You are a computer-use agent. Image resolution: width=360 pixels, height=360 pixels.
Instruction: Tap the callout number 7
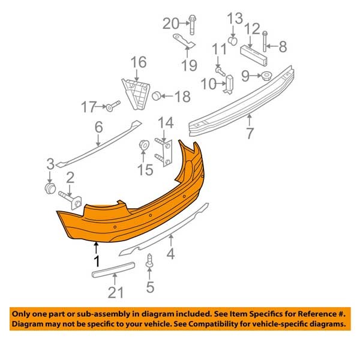coord(248,134)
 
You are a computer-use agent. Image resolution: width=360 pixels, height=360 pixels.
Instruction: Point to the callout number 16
coord(139,62)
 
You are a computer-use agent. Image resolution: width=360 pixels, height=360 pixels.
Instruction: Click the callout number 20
coord(172,23)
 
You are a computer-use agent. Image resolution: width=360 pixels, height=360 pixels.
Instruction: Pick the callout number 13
coord(233,18)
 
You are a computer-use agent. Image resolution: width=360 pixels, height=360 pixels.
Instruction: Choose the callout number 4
coord(170,254)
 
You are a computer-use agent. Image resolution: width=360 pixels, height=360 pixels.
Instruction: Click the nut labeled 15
coord(144,145)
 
